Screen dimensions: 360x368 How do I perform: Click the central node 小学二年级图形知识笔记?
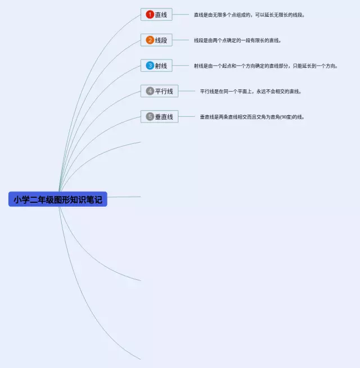(x=58, y=199)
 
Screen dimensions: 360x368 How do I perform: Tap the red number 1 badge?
(x=150, y=15)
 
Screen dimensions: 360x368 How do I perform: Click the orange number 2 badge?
(x=150, y=40)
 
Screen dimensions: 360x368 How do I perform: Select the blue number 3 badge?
(x=150, y=66)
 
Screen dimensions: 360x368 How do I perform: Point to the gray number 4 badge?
(x=150, y=91)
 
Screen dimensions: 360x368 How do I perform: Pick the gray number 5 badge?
(x=150, y=117)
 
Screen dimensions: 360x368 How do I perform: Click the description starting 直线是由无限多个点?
(x=249, y=15)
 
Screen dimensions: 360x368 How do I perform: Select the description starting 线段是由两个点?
(x=237, y=40)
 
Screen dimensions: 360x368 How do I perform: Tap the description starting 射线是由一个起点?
(x=265, y=66)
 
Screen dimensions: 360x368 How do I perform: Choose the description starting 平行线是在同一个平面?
(x=251, y=91)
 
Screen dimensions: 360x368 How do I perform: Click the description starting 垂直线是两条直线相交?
(x=252, y=117)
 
